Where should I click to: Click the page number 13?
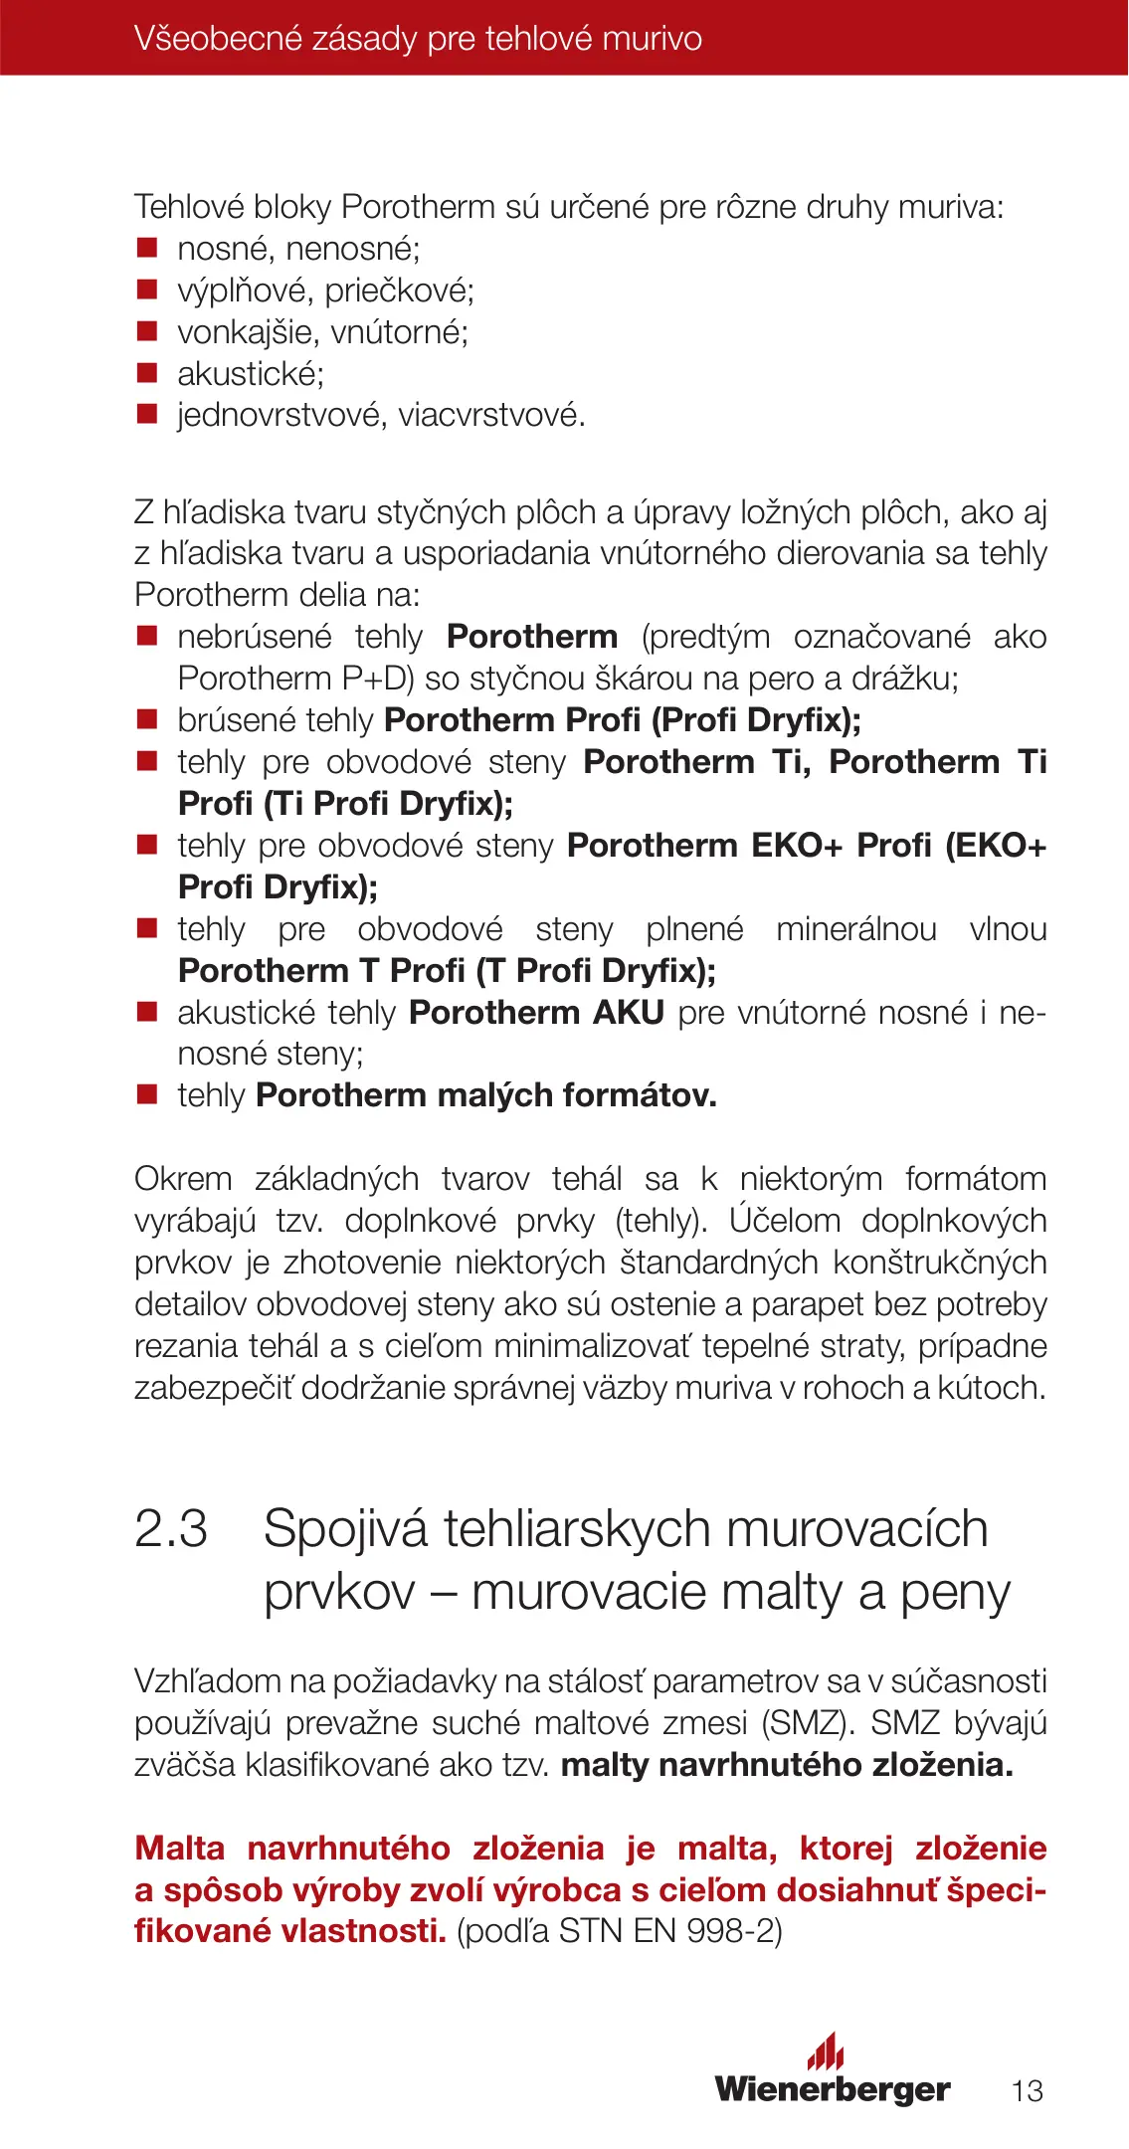1027,2090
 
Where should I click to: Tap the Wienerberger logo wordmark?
832,2088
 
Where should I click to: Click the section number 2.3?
171,1528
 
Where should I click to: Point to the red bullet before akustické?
147,373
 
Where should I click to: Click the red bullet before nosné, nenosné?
147,248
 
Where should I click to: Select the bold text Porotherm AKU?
536,1012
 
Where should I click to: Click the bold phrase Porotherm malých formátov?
486,1095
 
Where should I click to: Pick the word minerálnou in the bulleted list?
856,928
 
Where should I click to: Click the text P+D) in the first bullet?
378,679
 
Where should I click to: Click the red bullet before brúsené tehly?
147,719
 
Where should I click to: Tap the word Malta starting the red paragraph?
179,1848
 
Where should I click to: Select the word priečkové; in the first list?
400,291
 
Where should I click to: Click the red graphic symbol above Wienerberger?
826,2051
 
